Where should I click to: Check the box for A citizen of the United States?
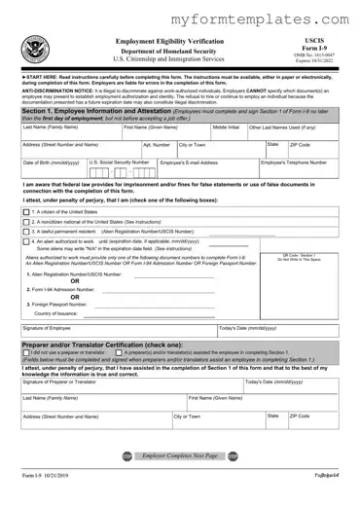(x=25, y=211)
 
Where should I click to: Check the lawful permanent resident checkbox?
(x=25, y=231)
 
